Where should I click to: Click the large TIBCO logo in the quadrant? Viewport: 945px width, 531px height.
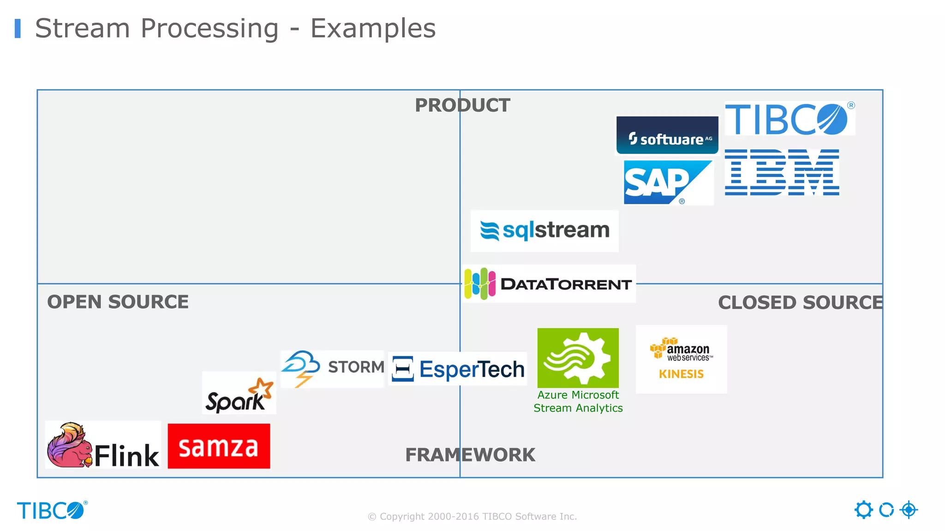(789, 119)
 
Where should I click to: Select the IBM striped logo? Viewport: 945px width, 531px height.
(782, 172)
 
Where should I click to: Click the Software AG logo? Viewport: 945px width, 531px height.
(667, 136)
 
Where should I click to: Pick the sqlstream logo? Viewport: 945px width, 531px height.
(544, 230)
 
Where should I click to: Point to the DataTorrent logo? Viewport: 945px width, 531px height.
(549, 283)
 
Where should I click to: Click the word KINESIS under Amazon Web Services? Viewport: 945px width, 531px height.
(681, 374)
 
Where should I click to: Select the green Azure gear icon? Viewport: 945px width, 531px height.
(578, 358)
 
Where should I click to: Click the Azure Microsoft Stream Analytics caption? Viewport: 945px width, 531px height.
(578, 401)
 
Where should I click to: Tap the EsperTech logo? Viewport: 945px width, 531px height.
(458, 369)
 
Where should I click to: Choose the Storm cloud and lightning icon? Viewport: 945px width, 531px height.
(301, 368)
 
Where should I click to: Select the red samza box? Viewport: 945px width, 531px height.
(219, 446)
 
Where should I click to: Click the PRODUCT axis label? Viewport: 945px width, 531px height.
(462, 105)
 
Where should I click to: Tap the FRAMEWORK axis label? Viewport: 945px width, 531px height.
(470, 454)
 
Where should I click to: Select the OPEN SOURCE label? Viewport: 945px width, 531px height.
(118, 302)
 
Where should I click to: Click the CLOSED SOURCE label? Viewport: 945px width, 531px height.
(800, 302)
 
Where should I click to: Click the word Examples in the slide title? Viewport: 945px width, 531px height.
(373, 29)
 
